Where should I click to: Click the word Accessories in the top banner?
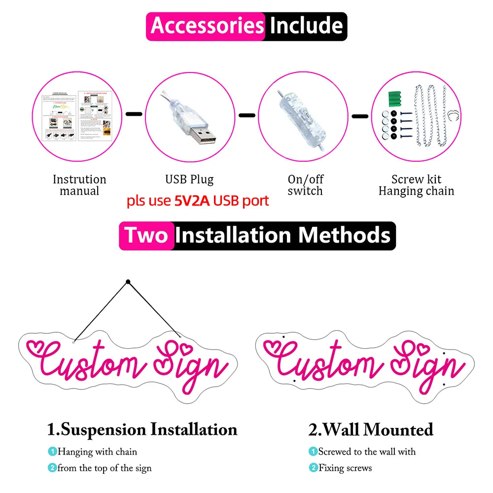tap(207, 26)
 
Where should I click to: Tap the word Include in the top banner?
tap(306, 26)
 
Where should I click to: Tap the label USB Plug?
tap(189, 179)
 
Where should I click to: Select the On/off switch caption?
tap(305, 185)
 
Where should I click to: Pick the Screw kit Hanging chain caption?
tap(416, 185)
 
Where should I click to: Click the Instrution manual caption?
tap(79, 185)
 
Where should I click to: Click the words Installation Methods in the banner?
tap(283, 236)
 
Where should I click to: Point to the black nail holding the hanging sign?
tap(128, 282)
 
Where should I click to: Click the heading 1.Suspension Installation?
tap(142, 429)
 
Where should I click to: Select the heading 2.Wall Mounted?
tap(371, 429)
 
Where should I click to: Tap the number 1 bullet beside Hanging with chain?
tap(52, 452)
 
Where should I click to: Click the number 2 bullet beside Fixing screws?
tap(313, 468)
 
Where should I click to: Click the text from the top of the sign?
tap(104, 468)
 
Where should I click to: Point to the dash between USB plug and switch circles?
tap(247, 115)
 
